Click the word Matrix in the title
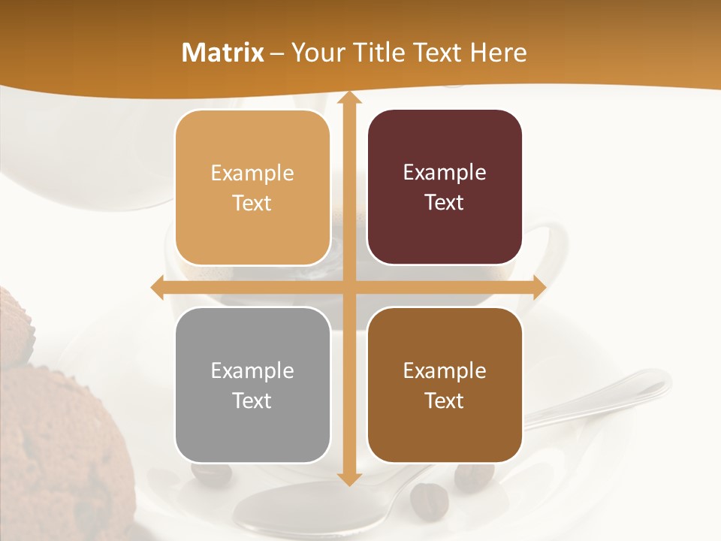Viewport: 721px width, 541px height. click(x=222, y=53)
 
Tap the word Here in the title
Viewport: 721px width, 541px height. click(x=499, y=53)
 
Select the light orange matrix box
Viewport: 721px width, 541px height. click(x=252, y=188)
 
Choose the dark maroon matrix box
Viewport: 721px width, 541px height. click(x=445, y=187)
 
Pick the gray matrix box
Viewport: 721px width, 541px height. click(x=252, y=385)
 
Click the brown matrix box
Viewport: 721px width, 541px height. click(x=445, y=385)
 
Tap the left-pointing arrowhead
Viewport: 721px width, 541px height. click(x=158, y=288)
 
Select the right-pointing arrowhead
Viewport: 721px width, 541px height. click(x=539, y=288)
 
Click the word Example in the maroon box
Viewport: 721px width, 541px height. click(x=445, y=173)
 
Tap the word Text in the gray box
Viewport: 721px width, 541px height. click(x=252, y=400)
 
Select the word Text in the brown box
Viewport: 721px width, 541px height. click(x=445, y=400)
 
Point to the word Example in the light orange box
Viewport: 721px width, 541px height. click(x=252, y=174)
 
